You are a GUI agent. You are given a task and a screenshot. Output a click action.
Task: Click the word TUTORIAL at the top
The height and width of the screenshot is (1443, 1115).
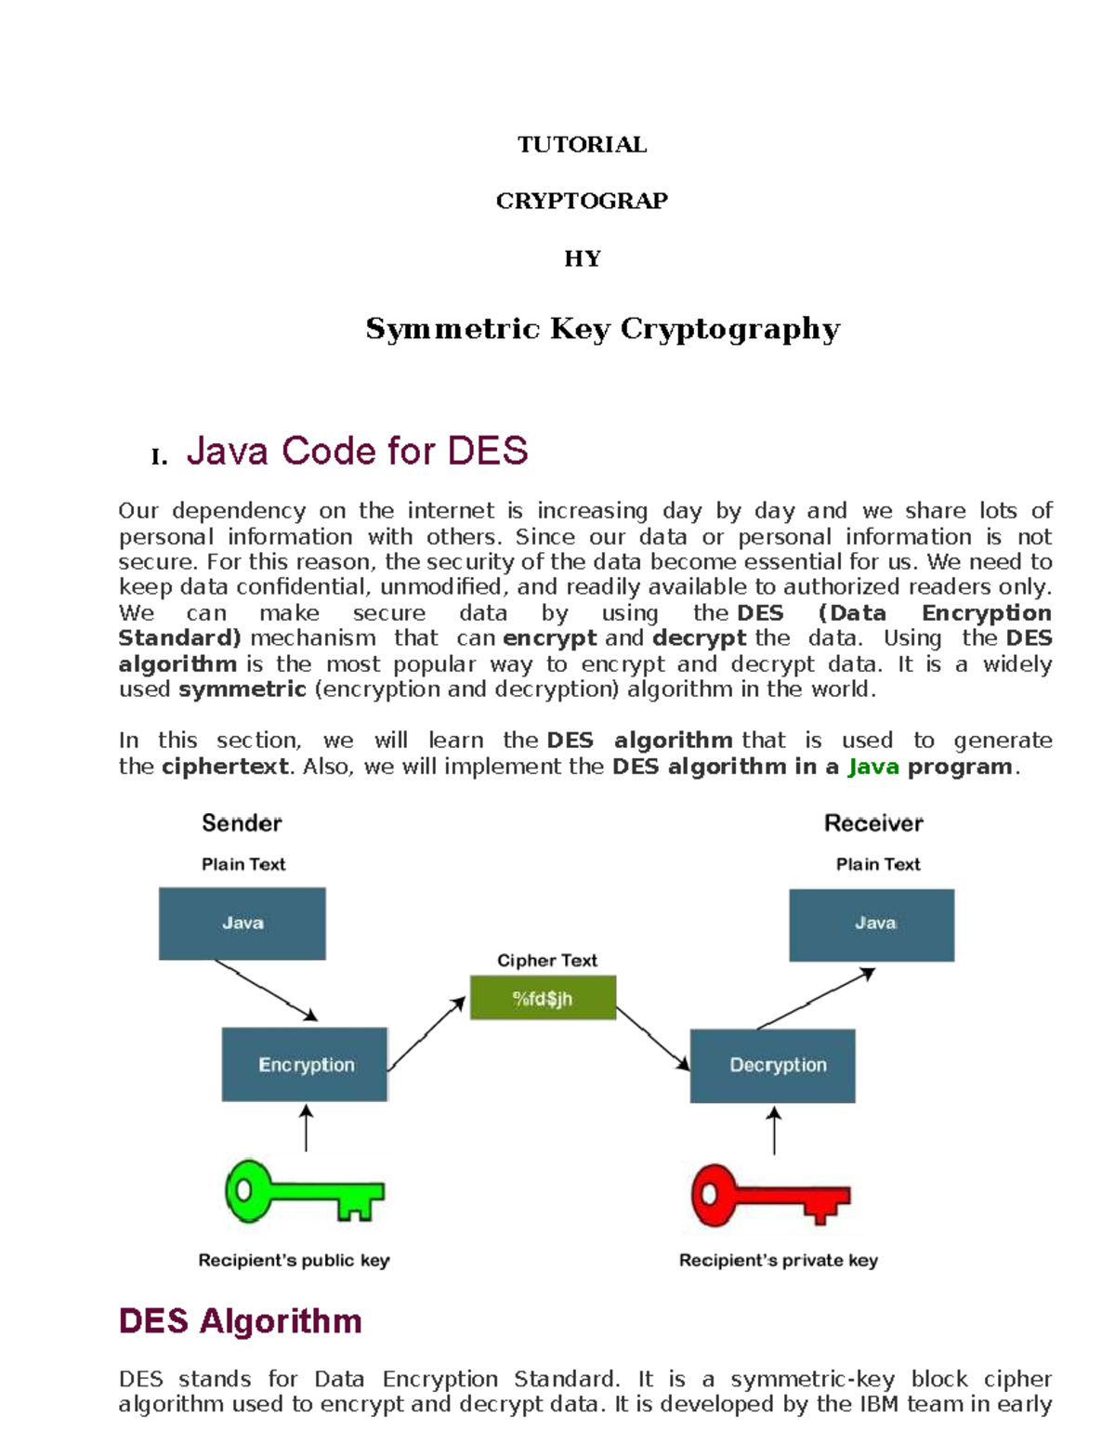[582, 145]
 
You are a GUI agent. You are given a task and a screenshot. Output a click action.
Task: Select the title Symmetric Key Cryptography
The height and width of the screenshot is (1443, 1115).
[602, 329]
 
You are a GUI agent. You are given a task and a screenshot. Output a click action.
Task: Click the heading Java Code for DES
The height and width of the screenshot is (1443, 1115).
[357, 452]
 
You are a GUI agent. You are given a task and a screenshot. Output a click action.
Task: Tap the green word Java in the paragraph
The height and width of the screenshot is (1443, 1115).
[872, 767]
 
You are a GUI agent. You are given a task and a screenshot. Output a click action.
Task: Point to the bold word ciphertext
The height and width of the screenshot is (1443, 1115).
[225, 767]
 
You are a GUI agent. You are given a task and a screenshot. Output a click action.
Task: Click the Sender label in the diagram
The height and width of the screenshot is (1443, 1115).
[242, 823]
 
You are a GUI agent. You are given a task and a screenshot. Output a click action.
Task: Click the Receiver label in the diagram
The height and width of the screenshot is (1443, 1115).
[873, 823]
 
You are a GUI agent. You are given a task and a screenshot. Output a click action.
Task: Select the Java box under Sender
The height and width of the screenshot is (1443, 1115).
[243, 923]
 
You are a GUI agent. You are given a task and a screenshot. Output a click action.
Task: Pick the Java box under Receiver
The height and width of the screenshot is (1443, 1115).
[872, 925]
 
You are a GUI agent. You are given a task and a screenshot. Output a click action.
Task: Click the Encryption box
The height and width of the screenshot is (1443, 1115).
[305, 1065]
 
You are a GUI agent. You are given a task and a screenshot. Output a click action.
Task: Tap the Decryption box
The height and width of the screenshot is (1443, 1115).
[772, 1066]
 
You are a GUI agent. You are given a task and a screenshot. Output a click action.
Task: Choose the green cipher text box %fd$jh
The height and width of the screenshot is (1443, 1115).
[543, 999]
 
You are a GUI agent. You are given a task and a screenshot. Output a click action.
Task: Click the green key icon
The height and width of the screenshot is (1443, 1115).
[303, 1191]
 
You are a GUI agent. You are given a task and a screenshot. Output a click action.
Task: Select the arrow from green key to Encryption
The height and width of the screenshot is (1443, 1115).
[306, 1128]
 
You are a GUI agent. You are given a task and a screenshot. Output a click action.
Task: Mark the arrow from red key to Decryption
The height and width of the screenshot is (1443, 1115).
[774, 1130]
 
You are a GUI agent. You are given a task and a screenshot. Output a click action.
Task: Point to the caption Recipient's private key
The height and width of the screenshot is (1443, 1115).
[778, 1261]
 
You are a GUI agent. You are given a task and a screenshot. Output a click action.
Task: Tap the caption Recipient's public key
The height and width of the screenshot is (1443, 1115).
[294, 1261]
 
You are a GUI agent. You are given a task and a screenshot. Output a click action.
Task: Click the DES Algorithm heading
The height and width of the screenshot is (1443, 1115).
[241, 1321]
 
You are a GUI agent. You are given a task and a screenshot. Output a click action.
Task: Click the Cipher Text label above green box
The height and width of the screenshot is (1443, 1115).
[546, 961]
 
